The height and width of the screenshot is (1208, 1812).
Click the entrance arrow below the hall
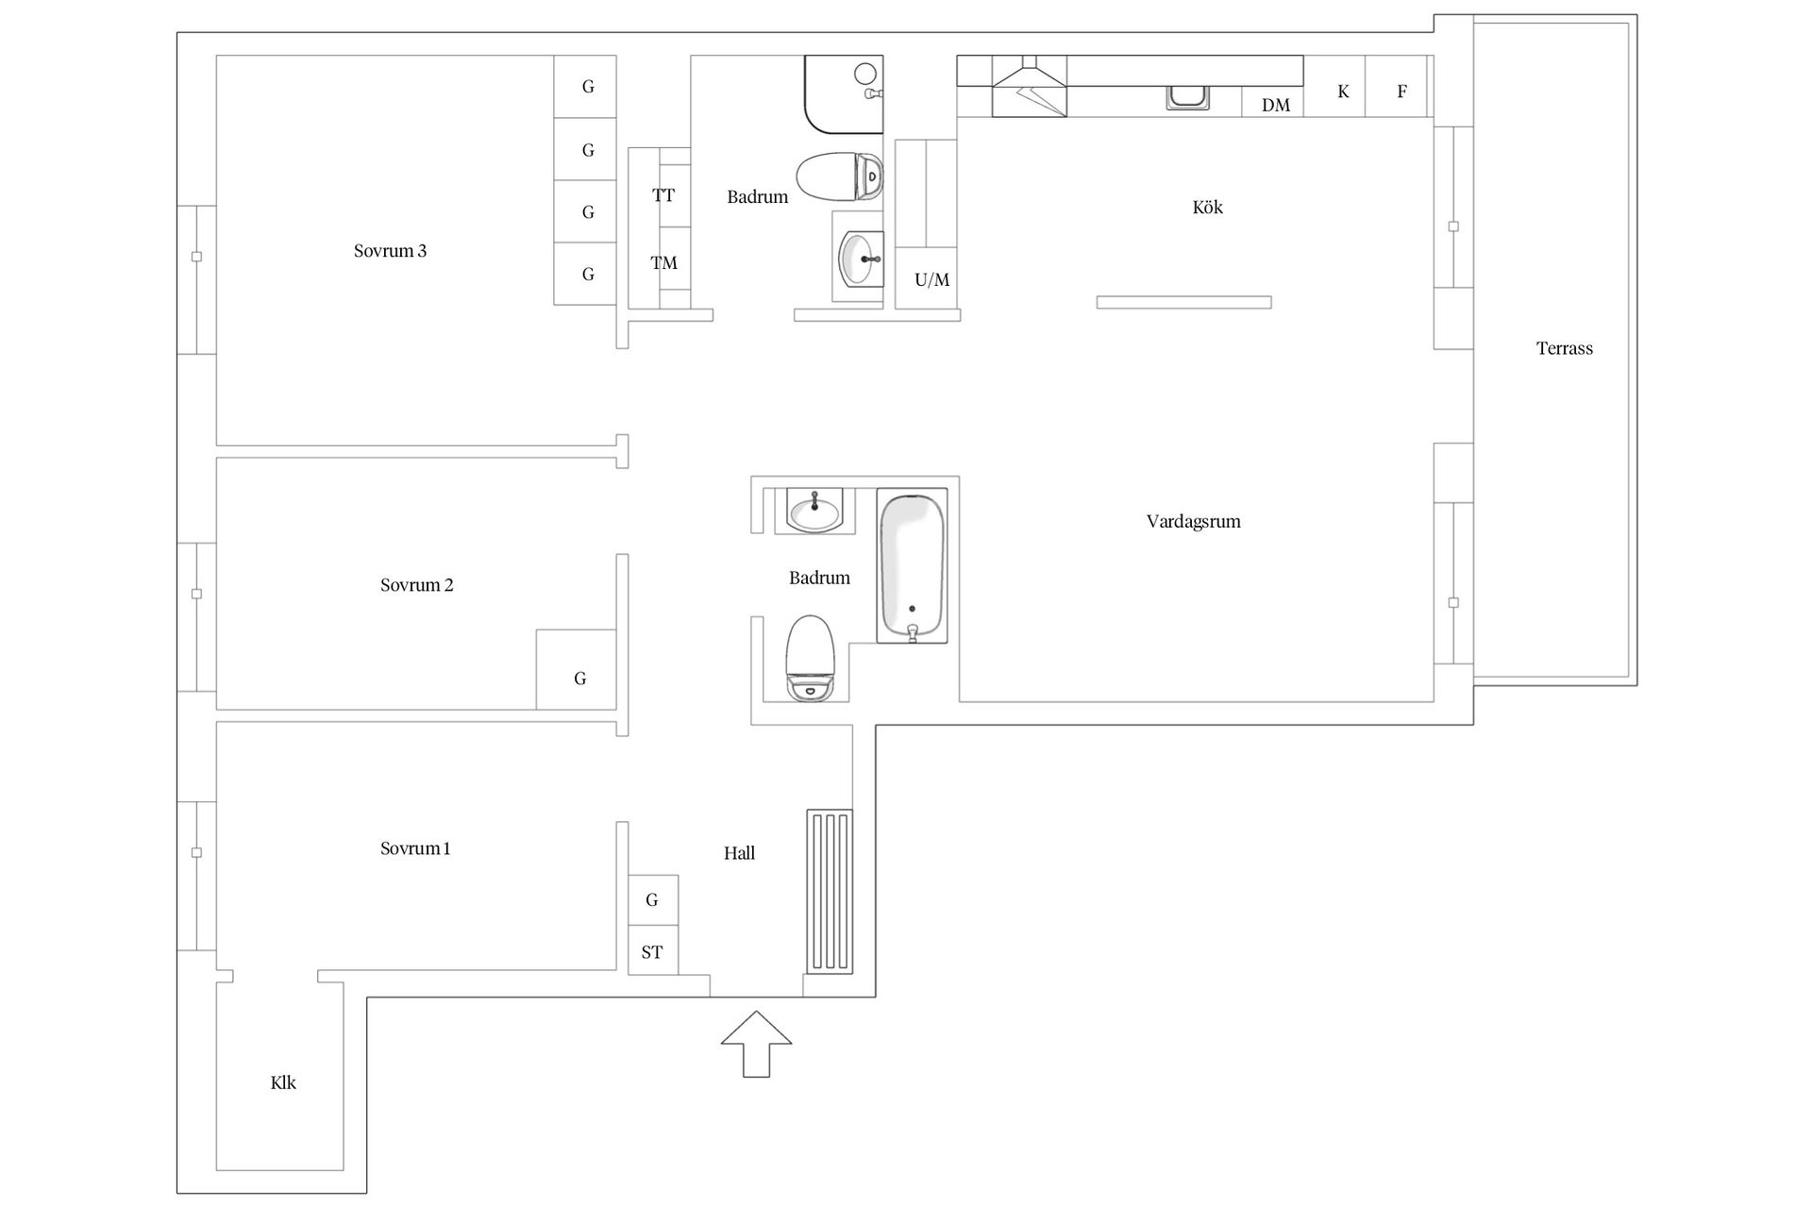click(x=756, y=1043)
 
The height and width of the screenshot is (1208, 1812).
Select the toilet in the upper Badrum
click(x=840, y=176)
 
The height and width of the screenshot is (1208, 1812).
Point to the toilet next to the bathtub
click(x=811, y=659)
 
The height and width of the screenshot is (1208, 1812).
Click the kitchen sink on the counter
click(x=1187, y=96)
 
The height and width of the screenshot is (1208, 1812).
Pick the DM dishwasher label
click(x=1276, y=106)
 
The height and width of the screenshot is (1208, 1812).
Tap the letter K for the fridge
click(x=1343, y=92)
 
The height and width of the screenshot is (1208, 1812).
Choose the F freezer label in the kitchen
click(x=1401, y=92)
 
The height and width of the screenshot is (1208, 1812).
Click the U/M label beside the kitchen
click(x=931, y=280)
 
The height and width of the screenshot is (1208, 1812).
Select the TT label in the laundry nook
click(x=663, y=195)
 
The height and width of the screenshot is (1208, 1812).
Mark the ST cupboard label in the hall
click(x=652, y=952)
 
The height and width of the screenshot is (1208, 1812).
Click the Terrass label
click(x=1564, y=348)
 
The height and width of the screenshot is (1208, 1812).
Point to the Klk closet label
click(x=283, y=1082)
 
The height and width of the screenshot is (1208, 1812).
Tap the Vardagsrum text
click(x=1193, y=521)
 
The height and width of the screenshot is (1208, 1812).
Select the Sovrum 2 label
click(x=416, y=585)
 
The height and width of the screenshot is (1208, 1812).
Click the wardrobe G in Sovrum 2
click(x=579, y=679)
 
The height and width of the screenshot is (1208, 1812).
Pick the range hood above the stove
click(x=1030, y=86)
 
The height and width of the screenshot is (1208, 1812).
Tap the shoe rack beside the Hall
click(x=830, y=892)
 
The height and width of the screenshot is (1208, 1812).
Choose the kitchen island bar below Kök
click(x=1183, y=302)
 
